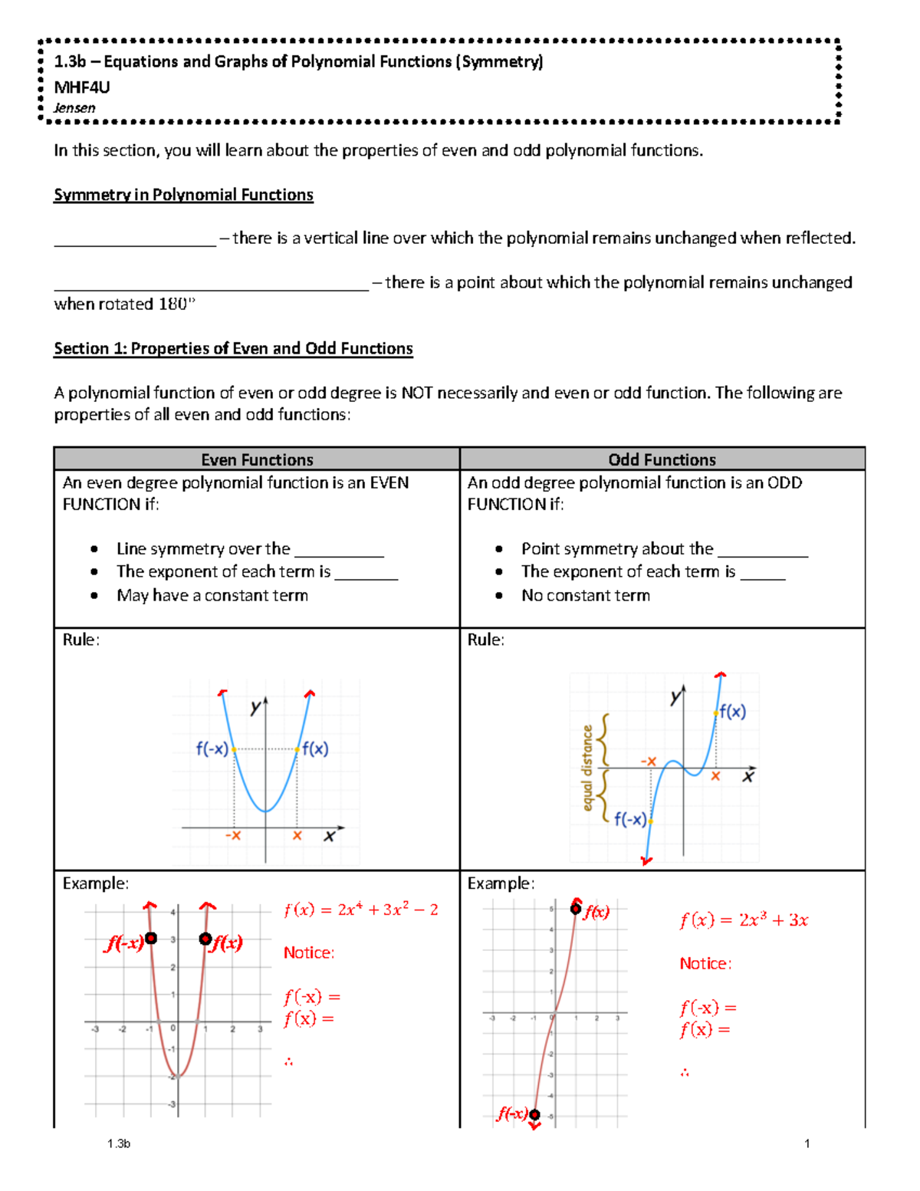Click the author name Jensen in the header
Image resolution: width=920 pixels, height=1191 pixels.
click(74, 108)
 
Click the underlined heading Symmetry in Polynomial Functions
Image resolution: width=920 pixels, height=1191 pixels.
click(183, 195)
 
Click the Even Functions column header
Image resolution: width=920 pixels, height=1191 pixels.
click(257, 459)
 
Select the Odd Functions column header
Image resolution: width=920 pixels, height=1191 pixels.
click(662, 459)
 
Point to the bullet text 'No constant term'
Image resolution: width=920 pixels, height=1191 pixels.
click(586, 595)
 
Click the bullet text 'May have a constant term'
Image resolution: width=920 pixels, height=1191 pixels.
click(212, 595)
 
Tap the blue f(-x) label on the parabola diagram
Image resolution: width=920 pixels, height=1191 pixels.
click(212, 748)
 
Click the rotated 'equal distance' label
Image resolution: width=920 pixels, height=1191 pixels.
click(588, 768)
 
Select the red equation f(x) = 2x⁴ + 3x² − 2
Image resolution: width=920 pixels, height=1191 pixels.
click(360, 910)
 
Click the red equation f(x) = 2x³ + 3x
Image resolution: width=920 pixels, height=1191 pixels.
click(744, 920)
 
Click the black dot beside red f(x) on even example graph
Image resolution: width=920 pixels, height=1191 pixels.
click(205, 939)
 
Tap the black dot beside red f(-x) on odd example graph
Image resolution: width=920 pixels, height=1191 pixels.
click(534, 1114)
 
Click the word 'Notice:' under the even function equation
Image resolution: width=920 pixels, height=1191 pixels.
click(309, 952)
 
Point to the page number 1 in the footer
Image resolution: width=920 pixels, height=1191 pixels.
click(807, 1143)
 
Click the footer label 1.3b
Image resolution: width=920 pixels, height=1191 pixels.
click(119, 1143)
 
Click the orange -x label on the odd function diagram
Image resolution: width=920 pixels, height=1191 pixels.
click(649, 761)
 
